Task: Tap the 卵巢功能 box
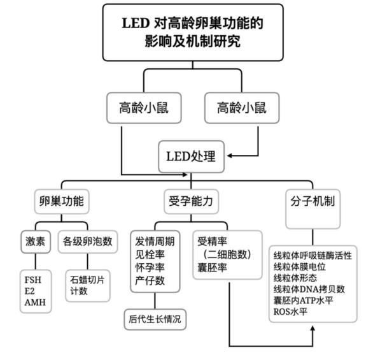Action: click(x=60, y=202)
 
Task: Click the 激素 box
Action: click(x=36, y=242)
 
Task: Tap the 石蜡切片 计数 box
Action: click(x=87, y=285)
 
